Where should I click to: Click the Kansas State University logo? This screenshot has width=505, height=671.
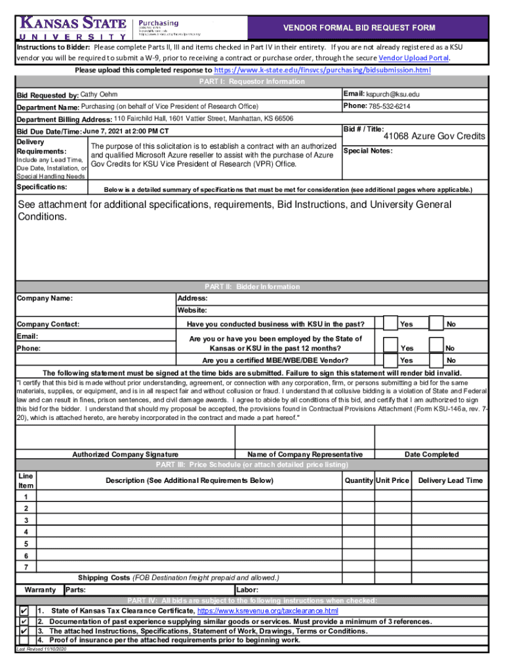[72, 28]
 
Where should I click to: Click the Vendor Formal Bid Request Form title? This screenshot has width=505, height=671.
[359, 28]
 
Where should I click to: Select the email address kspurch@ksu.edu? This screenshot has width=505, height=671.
[393, 94]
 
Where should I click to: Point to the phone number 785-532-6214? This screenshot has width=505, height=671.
[390, 106]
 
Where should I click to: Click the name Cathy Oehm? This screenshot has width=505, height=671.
[99, 95]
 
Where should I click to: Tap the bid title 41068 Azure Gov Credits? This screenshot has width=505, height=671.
[434, 136]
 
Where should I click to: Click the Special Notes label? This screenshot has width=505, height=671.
[368, 151]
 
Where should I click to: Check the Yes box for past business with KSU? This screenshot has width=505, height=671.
[390, 324]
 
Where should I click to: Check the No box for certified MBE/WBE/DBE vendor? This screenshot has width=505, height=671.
[437, 360]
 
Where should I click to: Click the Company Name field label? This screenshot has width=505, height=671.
[45, 299]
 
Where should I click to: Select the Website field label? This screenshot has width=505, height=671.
[192, 311]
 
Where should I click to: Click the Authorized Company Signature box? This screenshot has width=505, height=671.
[125, 436]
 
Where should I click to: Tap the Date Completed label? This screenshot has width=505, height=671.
[431, 455]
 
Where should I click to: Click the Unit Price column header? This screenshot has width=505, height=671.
[392, 481]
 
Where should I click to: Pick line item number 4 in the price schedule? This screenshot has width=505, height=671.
[26, 531]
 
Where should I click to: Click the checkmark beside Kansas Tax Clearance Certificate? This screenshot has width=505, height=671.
[24, 611]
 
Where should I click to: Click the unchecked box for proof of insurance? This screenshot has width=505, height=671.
[24, 640]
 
